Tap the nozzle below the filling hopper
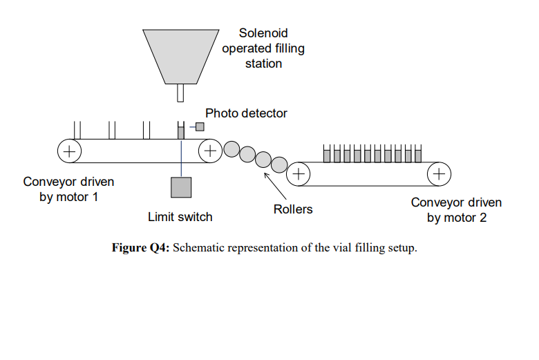tap(181, 93)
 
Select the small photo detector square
tap(200, 126)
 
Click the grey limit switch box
tap(181, 187)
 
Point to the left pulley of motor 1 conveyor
tap(69, 150)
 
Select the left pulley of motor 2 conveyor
tap(299, 173)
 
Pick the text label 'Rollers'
tap(293, 209)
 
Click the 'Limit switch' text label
tap(180, 217)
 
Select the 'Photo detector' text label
tap(246, 113)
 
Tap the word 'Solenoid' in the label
tap(263, 33)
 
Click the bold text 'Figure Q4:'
tap(140, 248)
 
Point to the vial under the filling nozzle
tap(181, 130)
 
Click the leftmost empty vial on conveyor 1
tap(77, 130)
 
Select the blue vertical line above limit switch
tap(181, 159)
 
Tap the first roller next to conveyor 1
tap(231, 149)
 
